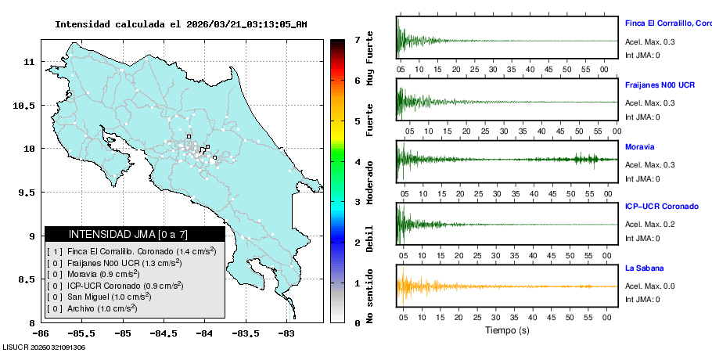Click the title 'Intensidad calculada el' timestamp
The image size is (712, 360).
[x=181, y=24]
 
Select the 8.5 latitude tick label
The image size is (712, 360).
[x=27, y=279]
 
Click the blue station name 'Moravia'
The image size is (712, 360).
[x=639, y=146]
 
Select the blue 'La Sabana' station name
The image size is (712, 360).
[x=644, y=268]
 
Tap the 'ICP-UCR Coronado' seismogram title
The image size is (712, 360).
[x=661, y=206]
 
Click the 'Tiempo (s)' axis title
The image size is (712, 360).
[x=507, y=330]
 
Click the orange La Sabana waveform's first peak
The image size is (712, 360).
[x=400, y=279]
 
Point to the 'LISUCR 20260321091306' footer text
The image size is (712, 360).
[x=44, y=347]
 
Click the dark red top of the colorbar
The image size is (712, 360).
[x=337, y=43]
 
